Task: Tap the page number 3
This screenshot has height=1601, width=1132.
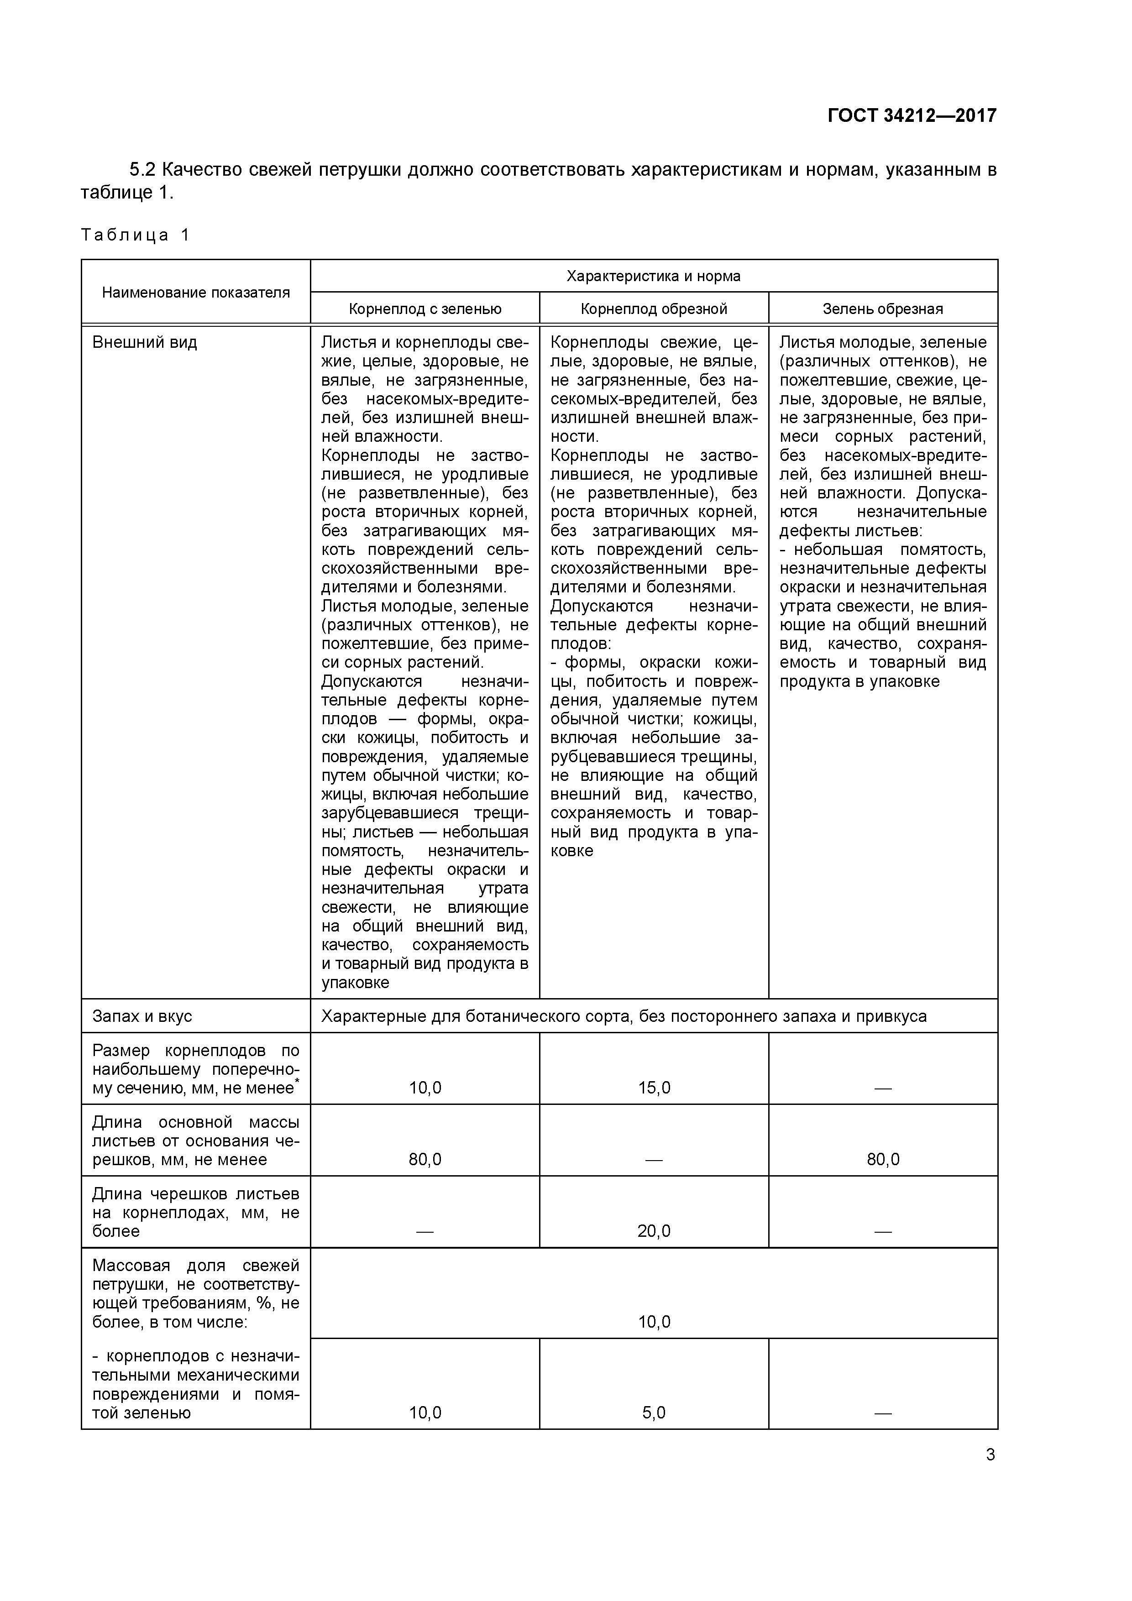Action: click(x=990, y=1455)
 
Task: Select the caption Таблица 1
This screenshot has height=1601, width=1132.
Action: click(x=135, y=235)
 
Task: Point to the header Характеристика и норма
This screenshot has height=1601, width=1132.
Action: click(x=654, y=276)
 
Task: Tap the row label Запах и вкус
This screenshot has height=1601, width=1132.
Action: click(x=142, y=1017)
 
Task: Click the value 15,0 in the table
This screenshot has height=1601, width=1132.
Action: click(x=654, y=1088)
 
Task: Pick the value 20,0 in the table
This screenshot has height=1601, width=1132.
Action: click(x=654, y=1231)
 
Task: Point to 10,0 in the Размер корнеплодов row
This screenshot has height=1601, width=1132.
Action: click(x=425, y=1088)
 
